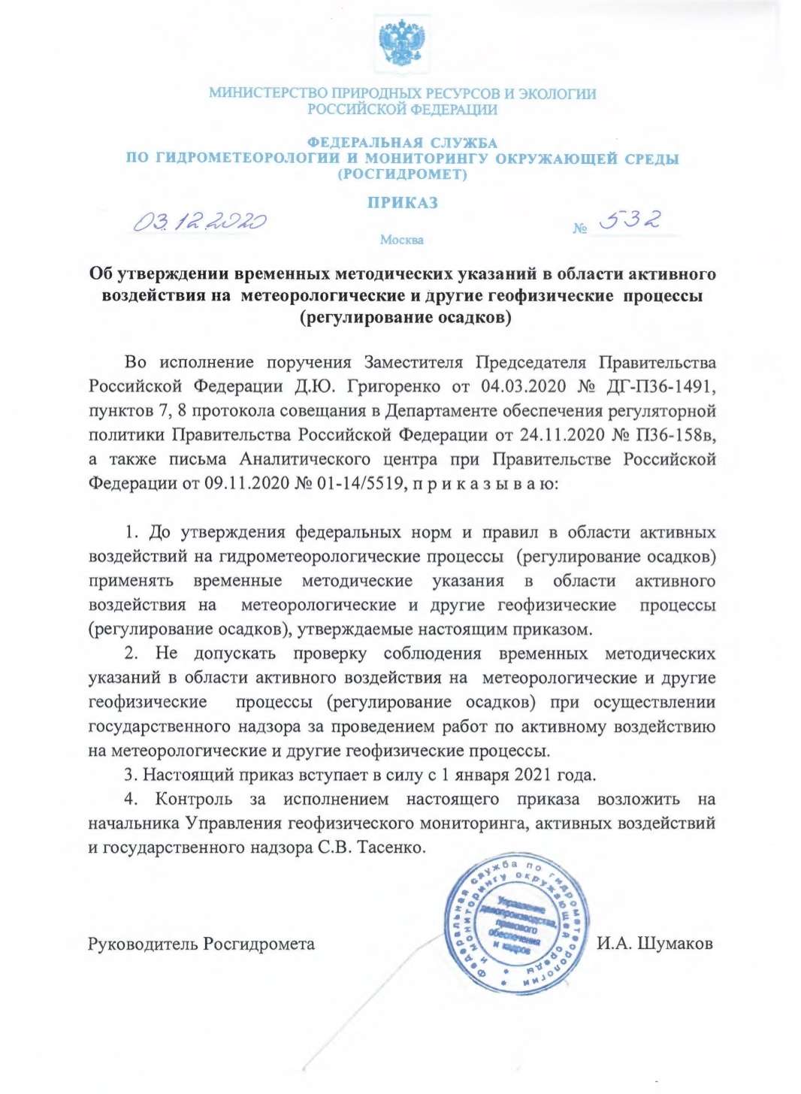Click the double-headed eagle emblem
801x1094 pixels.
402,44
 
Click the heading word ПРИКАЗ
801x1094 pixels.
402,202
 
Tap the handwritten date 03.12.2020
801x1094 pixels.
200,222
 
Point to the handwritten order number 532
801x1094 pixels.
630,219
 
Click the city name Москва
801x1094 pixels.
401,240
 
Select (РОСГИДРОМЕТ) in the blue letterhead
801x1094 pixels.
402,174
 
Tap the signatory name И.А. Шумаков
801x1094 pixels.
654,944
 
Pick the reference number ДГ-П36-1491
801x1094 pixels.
660,386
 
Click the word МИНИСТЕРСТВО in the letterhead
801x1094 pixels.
268,94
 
